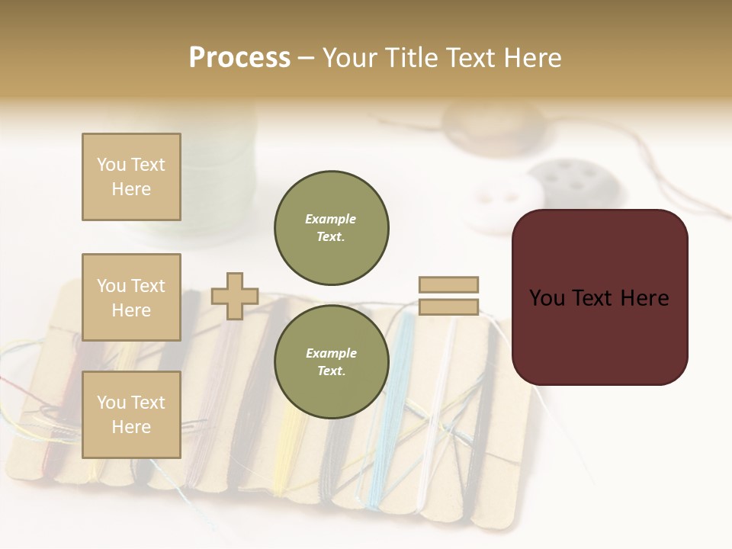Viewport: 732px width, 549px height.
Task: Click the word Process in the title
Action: pos(239,57)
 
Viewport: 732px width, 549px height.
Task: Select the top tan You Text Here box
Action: pos(131,177)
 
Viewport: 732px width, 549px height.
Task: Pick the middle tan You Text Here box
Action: pos(131,297)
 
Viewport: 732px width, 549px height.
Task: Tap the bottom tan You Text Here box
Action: pos(131,415)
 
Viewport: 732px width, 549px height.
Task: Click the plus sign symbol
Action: pos(235,296)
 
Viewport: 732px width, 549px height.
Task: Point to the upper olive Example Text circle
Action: pos(331,228)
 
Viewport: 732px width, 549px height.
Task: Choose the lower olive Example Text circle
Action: pos(331,362)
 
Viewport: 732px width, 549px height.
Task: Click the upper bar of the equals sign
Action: pos(448,285)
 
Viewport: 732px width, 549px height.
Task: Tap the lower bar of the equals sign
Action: pos(448,307)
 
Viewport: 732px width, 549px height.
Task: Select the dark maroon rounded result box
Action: pos(599,297)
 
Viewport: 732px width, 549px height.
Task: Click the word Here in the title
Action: pos(528,58)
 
